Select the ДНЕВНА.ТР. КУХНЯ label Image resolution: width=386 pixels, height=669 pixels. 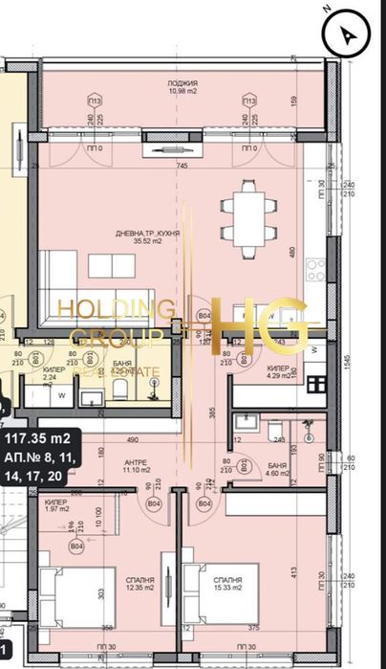(143, 234)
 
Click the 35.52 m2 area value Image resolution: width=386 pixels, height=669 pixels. (143, 242)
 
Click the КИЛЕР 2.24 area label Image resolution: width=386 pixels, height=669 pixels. (54, 373)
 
